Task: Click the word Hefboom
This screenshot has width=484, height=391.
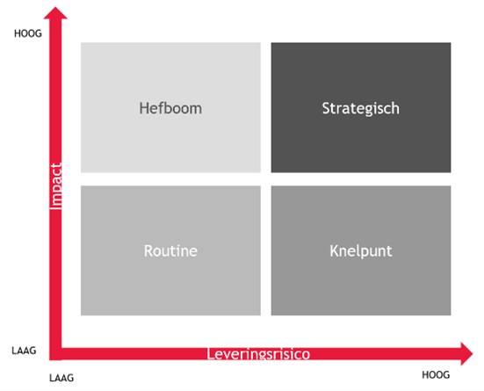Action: point(170,108)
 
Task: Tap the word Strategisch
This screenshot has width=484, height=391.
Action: point(360,109)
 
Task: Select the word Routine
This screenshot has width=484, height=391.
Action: point(170,250)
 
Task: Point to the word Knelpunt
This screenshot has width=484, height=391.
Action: point(360,251)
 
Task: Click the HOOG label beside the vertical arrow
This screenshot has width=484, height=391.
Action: point(28,33)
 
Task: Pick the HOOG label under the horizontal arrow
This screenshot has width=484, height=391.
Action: point(436,375)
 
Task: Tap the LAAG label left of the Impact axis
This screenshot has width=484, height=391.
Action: point(24,351)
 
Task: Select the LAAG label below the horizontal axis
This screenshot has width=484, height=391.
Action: point(61,378)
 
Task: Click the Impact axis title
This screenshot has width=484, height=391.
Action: point(56,186)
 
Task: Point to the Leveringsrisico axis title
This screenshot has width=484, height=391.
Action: point(258,354)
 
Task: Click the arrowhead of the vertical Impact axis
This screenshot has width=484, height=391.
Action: point(55,13)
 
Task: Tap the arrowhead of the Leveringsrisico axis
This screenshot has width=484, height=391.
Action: point(466,353)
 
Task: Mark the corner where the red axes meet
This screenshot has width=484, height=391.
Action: point(55,354)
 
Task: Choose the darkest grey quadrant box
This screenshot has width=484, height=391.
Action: point(361,107)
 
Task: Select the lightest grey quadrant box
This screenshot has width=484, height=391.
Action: point(170,107)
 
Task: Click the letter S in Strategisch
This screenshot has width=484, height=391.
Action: point(326,108)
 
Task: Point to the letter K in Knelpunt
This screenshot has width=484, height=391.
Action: point(334,250)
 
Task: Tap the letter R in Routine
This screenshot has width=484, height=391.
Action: point(148,250)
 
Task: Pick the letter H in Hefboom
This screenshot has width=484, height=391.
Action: point(144,108)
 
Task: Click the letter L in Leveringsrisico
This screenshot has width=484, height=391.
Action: point(210,354)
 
